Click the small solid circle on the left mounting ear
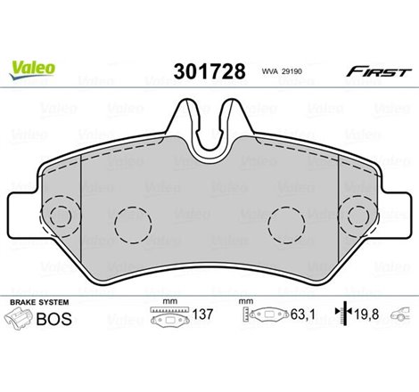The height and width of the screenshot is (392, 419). (x=59, y=216)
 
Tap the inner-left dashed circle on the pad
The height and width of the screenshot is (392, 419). (x=133, y=219)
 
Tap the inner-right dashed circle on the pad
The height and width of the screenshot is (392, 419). (x=288, y=219)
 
